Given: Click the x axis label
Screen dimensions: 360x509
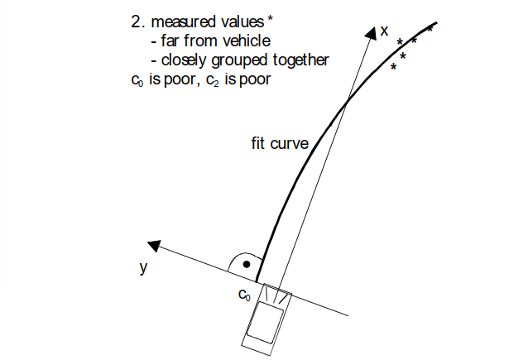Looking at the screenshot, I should pyautogui.click(x=384, y=31).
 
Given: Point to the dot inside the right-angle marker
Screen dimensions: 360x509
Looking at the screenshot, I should pyautogui.click(x=247, y=265).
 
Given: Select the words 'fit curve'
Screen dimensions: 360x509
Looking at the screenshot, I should pyautogui.click(x=280, y=142).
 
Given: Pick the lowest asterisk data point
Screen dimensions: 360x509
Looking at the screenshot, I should pyautogui.click(x=393, y=67).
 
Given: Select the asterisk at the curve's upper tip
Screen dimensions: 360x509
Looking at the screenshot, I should pyautogui.click(x=430, y=29).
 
